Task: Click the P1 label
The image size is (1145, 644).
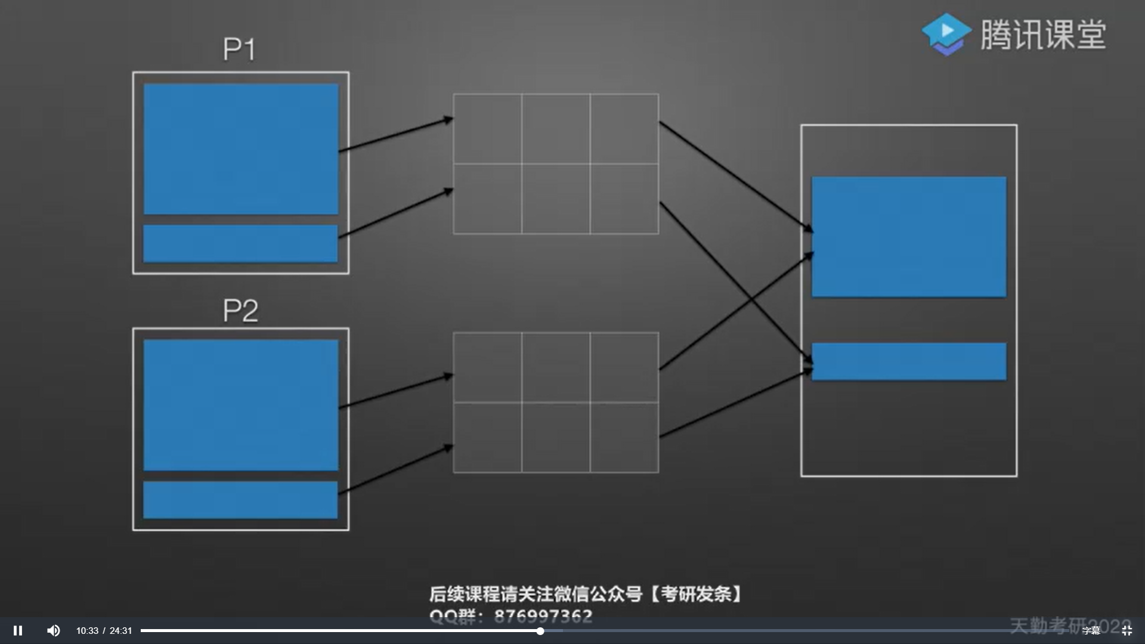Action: click(240, 49)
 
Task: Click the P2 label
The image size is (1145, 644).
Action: click(240, 311)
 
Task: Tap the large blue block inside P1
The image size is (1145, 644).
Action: click(241, 149)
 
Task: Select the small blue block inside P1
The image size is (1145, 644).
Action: click(240, 243)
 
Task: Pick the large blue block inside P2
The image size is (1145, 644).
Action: click(241, 405)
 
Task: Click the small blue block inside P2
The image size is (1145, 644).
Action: click(240, 500)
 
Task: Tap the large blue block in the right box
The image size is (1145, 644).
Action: click(909, 237)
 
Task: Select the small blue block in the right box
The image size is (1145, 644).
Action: click(909, 361)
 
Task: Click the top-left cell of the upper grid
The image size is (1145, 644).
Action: click(487, 128)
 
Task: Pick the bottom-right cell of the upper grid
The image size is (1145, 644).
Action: click(624, 199)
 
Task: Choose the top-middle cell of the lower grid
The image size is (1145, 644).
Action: click(556, 367)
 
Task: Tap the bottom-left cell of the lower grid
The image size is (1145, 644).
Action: click(487, 438)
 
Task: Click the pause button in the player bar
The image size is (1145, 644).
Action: click(18, 630)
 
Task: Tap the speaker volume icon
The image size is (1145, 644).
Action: click(53, 630)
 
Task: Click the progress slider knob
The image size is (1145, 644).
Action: click(540, 631)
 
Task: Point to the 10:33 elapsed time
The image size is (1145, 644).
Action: click(87, 631)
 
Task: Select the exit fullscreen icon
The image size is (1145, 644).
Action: click(1127, 631)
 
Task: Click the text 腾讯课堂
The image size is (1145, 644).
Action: click(1043, 35)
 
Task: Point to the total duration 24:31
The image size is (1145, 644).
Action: click(120, 631)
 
